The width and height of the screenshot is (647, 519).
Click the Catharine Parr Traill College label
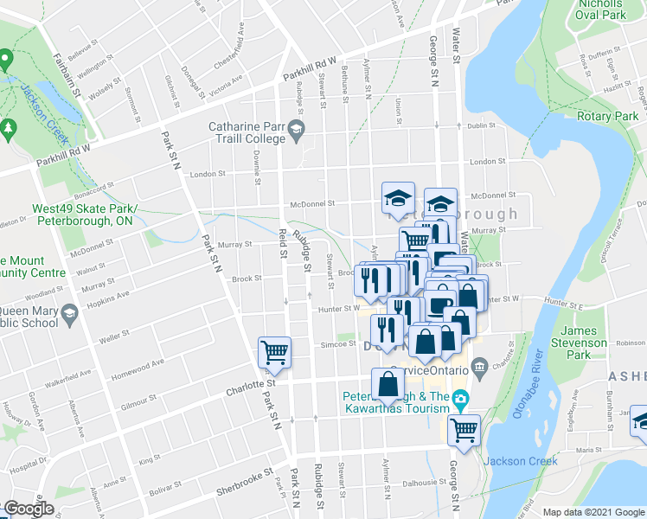point(247,132)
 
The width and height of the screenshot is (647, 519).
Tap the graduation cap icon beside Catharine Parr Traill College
point(297,131)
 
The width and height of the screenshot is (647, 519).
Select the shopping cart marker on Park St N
point(274,351)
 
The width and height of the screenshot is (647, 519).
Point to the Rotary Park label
point(608,117)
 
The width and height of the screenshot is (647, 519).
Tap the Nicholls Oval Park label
point(605,10)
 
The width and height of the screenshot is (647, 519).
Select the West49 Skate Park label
point(83,215)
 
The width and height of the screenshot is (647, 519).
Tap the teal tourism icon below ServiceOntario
point(461,398)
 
